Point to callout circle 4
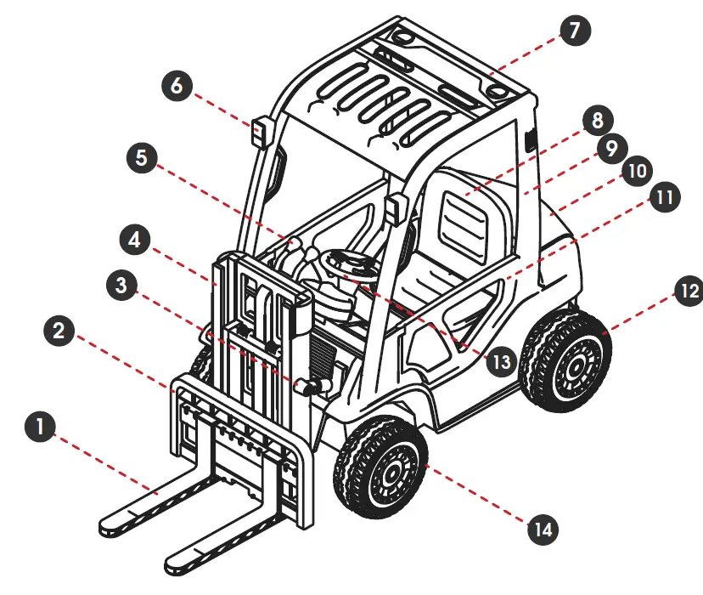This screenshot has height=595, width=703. [133, 239]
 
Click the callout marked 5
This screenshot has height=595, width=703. [140, 159]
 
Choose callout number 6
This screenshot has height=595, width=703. [176, 85]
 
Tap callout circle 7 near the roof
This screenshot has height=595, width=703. [574, 31]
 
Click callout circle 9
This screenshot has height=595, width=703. [610, 149]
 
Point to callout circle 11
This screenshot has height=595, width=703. [665, 197]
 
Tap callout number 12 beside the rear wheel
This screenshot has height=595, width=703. [688, 292]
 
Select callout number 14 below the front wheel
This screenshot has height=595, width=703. [542, 530]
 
